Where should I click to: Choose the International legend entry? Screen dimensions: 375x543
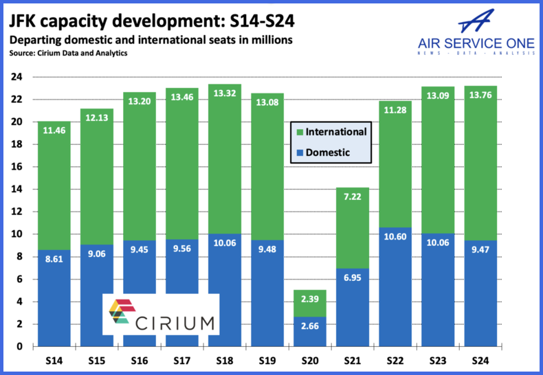coord(331,131)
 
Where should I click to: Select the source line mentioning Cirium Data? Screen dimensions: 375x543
coord(68,53)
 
